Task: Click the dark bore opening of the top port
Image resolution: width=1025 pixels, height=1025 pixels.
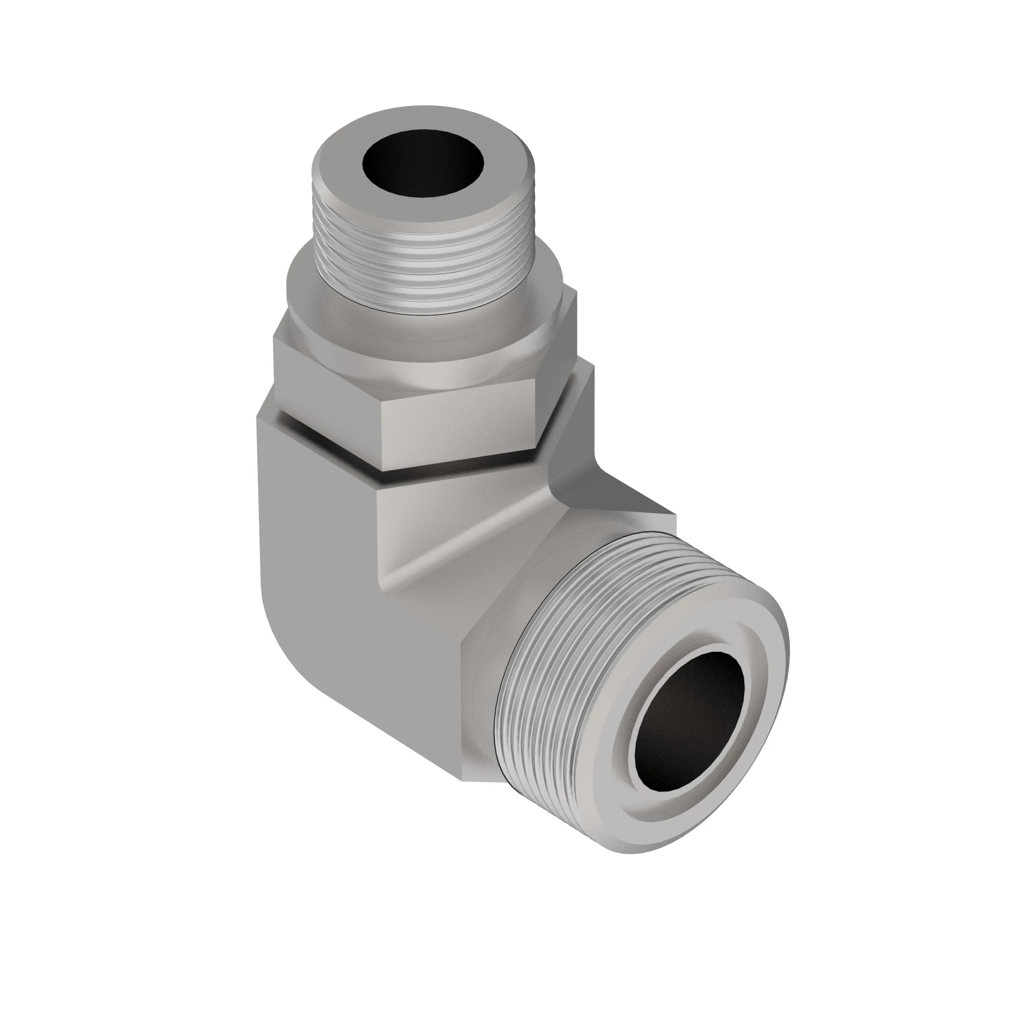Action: click(424, 165)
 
